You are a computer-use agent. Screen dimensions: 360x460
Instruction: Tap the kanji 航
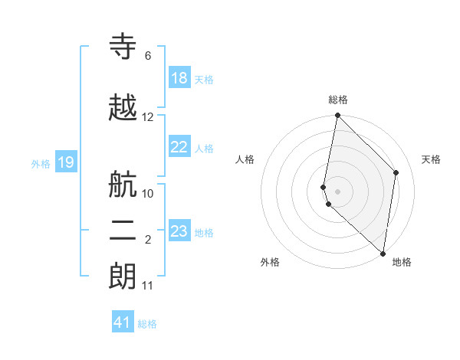tap(123, 185)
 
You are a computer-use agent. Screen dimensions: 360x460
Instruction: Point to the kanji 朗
tap(123, 277)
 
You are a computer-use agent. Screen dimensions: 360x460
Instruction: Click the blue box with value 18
tap(179, 79)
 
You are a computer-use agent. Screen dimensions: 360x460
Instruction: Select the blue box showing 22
tap(179, 148)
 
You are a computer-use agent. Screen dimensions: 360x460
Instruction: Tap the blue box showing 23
tap(179, 231)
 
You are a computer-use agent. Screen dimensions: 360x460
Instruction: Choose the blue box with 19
tap(66, 162)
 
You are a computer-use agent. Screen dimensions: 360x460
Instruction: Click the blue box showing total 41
tap(123, 323)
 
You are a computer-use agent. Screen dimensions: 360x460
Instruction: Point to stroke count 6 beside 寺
tap(148, 56)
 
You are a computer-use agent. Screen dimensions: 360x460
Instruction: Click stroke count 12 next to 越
tap(148, 117)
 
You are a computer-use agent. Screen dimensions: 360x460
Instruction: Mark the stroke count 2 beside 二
tap(148, 241)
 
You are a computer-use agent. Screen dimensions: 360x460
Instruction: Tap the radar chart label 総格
tap(338, 100)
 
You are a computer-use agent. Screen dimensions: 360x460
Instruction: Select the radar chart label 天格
tap(431, 159)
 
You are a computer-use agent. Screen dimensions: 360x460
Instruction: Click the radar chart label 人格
tap(245, 159)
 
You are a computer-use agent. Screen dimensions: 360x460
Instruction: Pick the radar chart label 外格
tap(270, 262)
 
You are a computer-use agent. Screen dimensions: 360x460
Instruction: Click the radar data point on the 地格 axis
tap(383, 253)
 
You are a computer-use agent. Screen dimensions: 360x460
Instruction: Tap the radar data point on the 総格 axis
tap(337, 116)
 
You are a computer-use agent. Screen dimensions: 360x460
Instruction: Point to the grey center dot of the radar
tap(338, 191)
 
